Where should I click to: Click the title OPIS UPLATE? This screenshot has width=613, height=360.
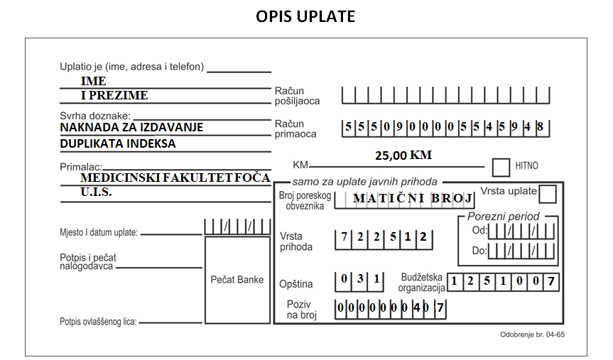(305, 16)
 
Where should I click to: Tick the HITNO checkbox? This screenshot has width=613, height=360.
(501, 168)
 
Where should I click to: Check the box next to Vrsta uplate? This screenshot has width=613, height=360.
(548, 194)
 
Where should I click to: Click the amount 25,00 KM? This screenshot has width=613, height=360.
(403, 156)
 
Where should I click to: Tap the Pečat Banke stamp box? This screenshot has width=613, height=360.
(237, 280)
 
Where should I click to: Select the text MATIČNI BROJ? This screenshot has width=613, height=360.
(413, 198)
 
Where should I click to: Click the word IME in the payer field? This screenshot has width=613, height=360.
(94, 81)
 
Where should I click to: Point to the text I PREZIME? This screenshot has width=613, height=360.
(114, 95)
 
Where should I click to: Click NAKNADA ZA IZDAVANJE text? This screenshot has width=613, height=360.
(131, 127)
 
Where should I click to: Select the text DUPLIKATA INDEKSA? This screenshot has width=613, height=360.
(118, 143)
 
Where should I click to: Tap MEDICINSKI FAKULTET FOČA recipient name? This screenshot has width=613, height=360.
(175, 178)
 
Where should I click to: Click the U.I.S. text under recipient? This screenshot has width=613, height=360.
(96, 192)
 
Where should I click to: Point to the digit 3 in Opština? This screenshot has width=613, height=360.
(360, 278)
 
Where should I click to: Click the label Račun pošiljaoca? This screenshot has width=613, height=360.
(297, 96)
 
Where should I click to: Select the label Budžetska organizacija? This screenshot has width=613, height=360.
(421, 283)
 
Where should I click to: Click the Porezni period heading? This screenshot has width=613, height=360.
(503, 216)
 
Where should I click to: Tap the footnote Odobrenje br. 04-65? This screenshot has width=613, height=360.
(532, 334)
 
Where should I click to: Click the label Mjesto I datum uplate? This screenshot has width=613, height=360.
(99, 233)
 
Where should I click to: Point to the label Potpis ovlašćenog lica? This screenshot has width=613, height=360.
(98, 322)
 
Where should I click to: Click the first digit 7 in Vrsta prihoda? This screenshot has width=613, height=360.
(344, 237)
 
